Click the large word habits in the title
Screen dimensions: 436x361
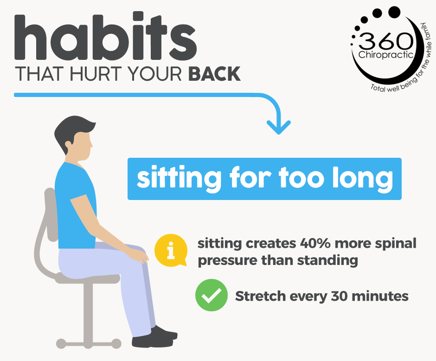coord(105,36)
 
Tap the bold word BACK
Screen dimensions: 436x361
coord(214,74)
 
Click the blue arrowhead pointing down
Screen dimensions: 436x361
coord(279,128)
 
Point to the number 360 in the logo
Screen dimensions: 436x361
coord(386,41)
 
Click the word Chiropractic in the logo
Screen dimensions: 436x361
coord(386,54)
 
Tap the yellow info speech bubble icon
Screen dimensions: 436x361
coord(171,250)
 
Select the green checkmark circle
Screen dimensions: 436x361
coord(212,295)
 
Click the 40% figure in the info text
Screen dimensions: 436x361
coord(315,243)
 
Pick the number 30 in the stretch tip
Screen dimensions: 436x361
coord(339,296)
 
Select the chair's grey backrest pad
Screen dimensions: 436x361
coord(51,214)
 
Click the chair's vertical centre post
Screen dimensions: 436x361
coord(88,314)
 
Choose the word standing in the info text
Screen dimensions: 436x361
coord(327,261)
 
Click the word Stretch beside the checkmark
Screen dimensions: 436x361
coord(261,296)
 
